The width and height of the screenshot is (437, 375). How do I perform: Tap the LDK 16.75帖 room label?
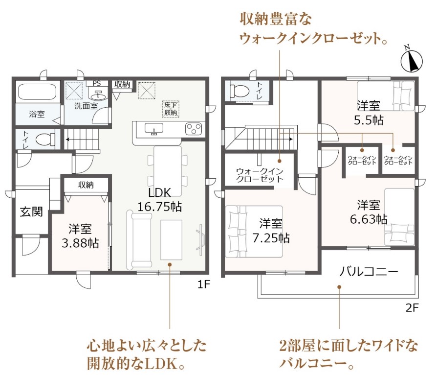tap(160, 200)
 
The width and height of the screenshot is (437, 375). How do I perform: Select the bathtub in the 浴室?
tap(37, 92)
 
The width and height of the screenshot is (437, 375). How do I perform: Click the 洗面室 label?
tap(86, 106)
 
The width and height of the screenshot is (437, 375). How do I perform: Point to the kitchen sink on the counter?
tap(154, 129)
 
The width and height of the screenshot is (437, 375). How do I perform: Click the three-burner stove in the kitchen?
tap(194, 129)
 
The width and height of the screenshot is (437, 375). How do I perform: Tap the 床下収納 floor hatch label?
tap(171, 109)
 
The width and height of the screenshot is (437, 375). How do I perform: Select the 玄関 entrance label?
tap(31, 211)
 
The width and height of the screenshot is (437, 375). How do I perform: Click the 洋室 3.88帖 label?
tap(80, 236)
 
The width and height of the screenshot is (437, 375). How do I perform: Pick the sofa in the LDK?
tap(139, 240)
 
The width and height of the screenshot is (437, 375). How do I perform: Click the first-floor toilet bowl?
tap(46, 139)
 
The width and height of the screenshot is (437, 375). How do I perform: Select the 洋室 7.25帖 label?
tap(271, 231)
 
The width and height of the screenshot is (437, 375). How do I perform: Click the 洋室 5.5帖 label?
tap(369, 113)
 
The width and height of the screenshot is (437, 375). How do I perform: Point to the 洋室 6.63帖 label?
tap(369, 212)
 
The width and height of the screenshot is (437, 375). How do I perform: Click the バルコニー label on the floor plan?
tap(369, 271)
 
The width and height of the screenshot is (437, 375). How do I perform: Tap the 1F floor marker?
tap(203, 284)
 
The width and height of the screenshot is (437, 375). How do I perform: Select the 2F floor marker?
tap(412, 308)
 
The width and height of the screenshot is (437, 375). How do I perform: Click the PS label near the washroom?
tap(97, 83)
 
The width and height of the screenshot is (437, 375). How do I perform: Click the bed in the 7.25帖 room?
tap(254, 232)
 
